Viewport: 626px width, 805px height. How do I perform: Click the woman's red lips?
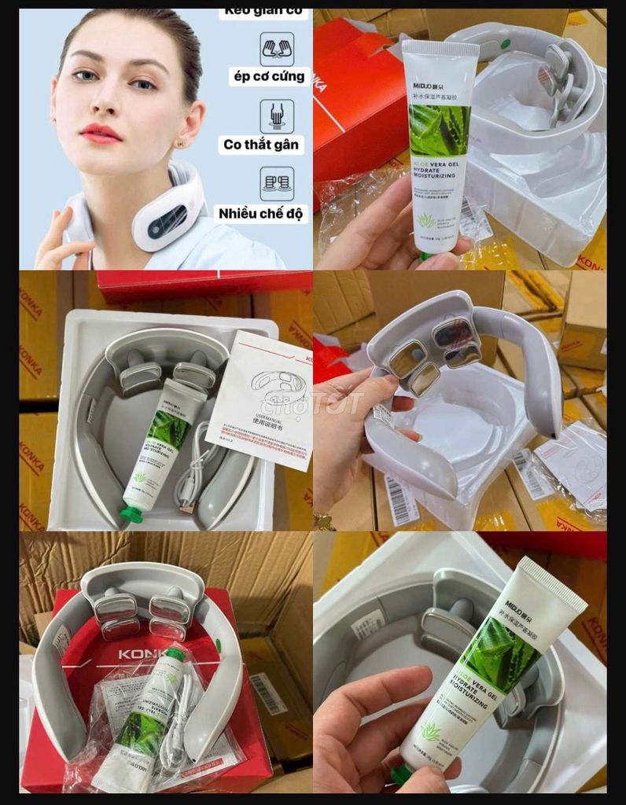[100, 133]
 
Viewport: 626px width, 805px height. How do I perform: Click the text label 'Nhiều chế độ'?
[263, 212]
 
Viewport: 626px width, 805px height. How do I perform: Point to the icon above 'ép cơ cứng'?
[277, 48]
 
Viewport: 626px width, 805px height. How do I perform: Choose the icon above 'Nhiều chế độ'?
[277, 183]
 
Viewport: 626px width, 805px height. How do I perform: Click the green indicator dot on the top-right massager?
[504, 44]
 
